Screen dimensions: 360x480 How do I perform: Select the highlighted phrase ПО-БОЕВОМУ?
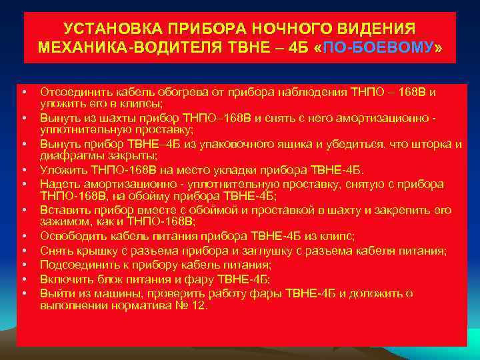(x=377, y=48)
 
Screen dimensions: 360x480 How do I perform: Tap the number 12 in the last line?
(x=199, y=307)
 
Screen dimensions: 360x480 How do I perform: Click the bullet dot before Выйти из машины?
(x=23, y=293)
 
